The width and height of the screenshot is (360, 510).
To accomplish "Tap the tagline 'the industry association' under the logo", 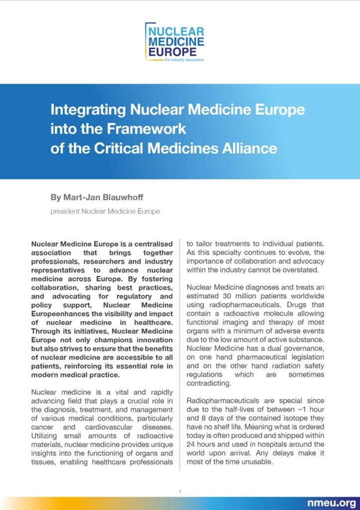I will click(x=184, y=59).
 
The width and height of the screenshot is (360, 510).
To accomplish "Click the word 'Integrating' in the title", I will click(x=87, y=109).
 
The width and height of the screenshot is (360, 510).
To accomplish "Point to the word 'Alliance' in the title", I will click(x=247, y=148).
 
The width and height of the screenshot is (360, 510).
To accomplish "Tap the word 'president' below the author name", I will click(x=64, y=211).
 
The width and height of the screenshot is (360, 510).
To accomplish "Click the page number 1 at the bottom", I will click(x=180, y=492).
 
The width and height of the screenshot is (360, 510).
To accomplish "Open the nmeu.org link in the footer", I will click(x=332, y=502).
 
